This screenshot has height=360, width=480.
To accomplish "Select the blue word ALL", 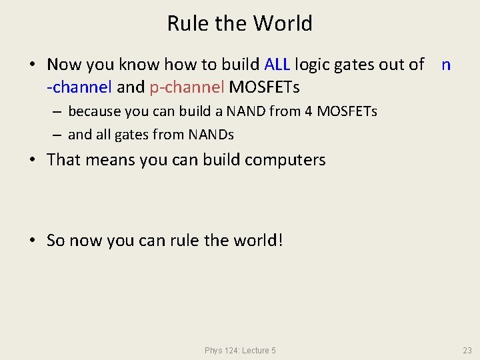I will pyautogui.click(x=277, y=65).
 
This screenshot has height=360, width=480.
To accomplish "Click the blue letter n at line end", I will pyautogui.click(x=446, y=65).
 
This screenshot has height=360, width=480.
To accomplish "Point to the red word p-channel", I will pyautogui.click(x=191, y=87).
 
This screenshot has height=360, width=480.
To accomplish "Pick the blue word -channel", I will pyautogui.click(x=79, y=87).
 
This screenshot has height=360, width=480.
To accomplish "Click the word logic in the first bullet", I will pyautogui.click(x=315, y=65).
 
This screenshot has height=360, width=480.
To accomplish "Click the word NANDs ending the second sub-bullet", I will pyautogui.click(x=211, y=135).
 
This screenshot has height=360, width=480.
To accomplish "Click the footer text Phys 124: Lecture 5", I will pyautogui.click(x=241, y=351).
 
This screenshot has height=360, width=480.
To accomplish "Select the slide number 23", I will pyautogui.click(x=467, y=351).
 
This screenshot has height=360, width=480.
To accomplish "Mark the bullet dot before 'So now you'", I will pyautogui.click(x=32, y=241).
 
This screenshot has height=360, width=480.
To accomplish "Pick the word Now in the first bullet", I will pyautogui.click(x=64, y=65).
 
